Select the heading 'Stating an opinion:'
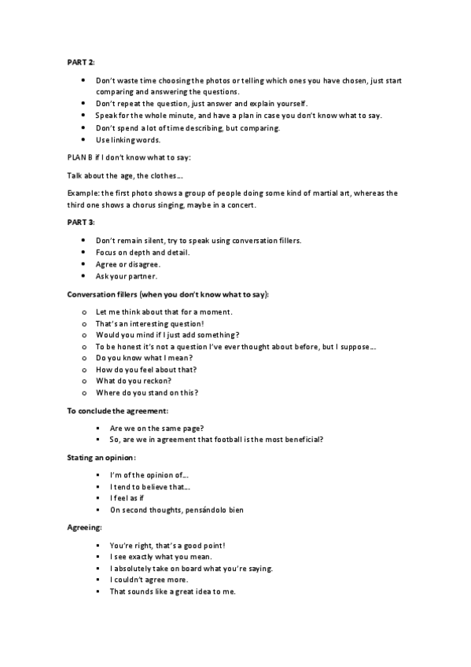pos(101,457)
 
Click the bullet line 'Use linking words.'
pos(127,140)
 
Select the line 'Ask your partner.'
pos(127,276)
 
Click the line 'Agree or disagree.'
pos(128,264)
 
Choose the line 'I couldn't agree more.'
pos(149,580)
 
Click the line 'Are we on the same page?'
pos(154,427)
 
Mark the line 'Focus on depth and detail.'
pos(145,252)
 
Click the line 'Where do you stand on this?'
pos(146,392)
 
